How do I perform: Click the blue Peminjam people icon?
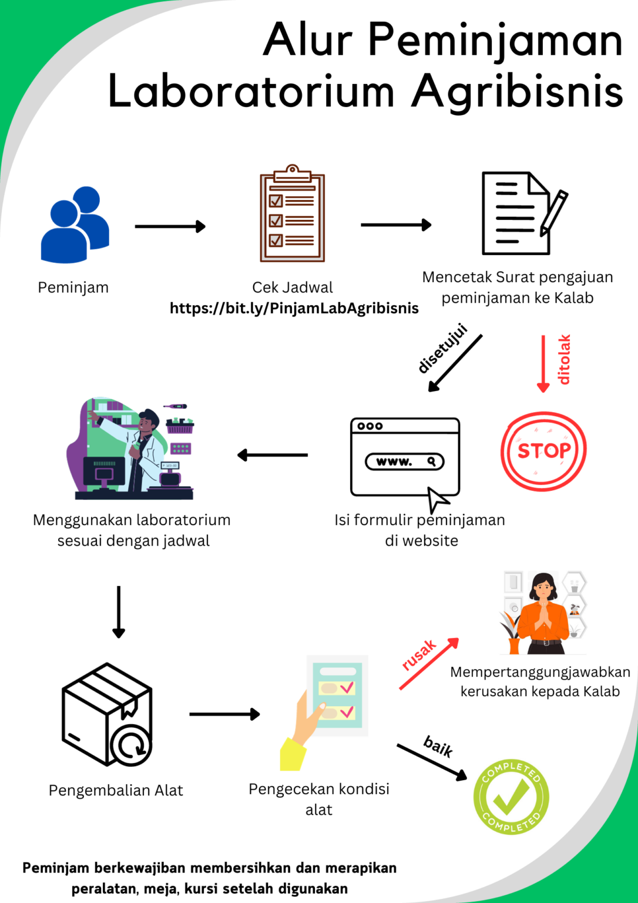coord(75,226)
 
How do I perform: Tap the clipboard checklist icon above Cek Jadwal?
coord(293,215)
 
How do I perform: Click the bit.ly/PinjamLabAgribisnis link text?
coord(294,308)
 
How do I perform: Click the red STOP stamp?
coord(543,451)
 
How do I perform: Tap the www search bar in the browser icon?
coord(404,461)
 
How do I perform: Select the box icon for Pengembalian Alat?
coord(107,715)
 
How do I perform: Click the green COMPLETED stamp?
coord(511,797)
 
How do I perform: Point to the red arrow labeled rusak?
coord(429,664)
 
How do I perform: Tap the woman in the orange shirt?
coord(543,614)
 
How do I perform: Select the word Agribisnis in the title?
coord(517,92)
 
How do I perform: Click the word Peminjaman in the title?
coord(495,40)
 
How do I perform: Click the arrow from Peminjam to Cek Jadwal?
coord(170,226)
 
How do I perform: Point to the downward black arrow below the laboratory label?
coord(119,611)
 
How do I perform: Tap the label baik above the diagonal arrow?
coord(438,745)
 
